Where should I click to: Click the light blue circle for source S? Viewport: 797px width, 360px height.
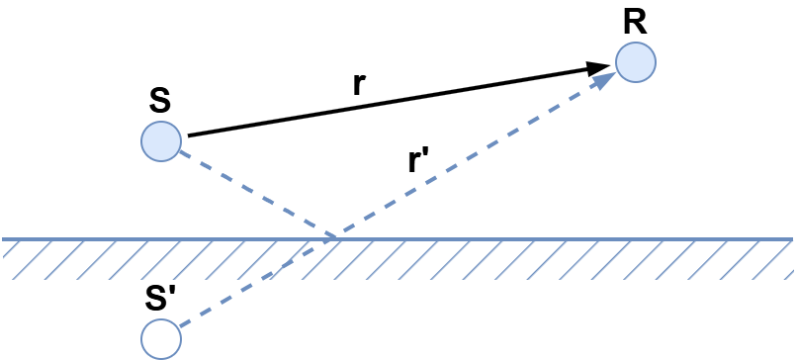tap(160, 141)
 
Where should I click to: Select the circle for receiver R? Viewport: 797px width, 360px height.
tap(635, 62)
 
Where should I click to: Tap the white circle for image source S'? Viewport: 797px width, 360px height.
tap(160, 338)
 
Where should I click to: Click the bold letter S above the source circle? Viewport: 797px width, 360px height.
tap(159, 101)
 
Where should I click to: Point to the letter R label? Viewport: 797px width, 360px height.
tap(635, 22)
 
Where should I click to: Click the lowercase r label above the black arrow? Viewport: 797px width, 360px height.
tap(359, 84)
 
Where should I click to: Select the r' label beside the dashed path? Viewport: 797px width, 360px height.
tap(419, 161)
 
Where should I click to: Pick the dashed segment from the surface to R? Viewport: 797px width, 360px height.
tap(465, 163)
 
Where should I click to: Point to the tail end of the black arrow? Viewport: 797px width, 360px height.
tap(189, 135)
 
